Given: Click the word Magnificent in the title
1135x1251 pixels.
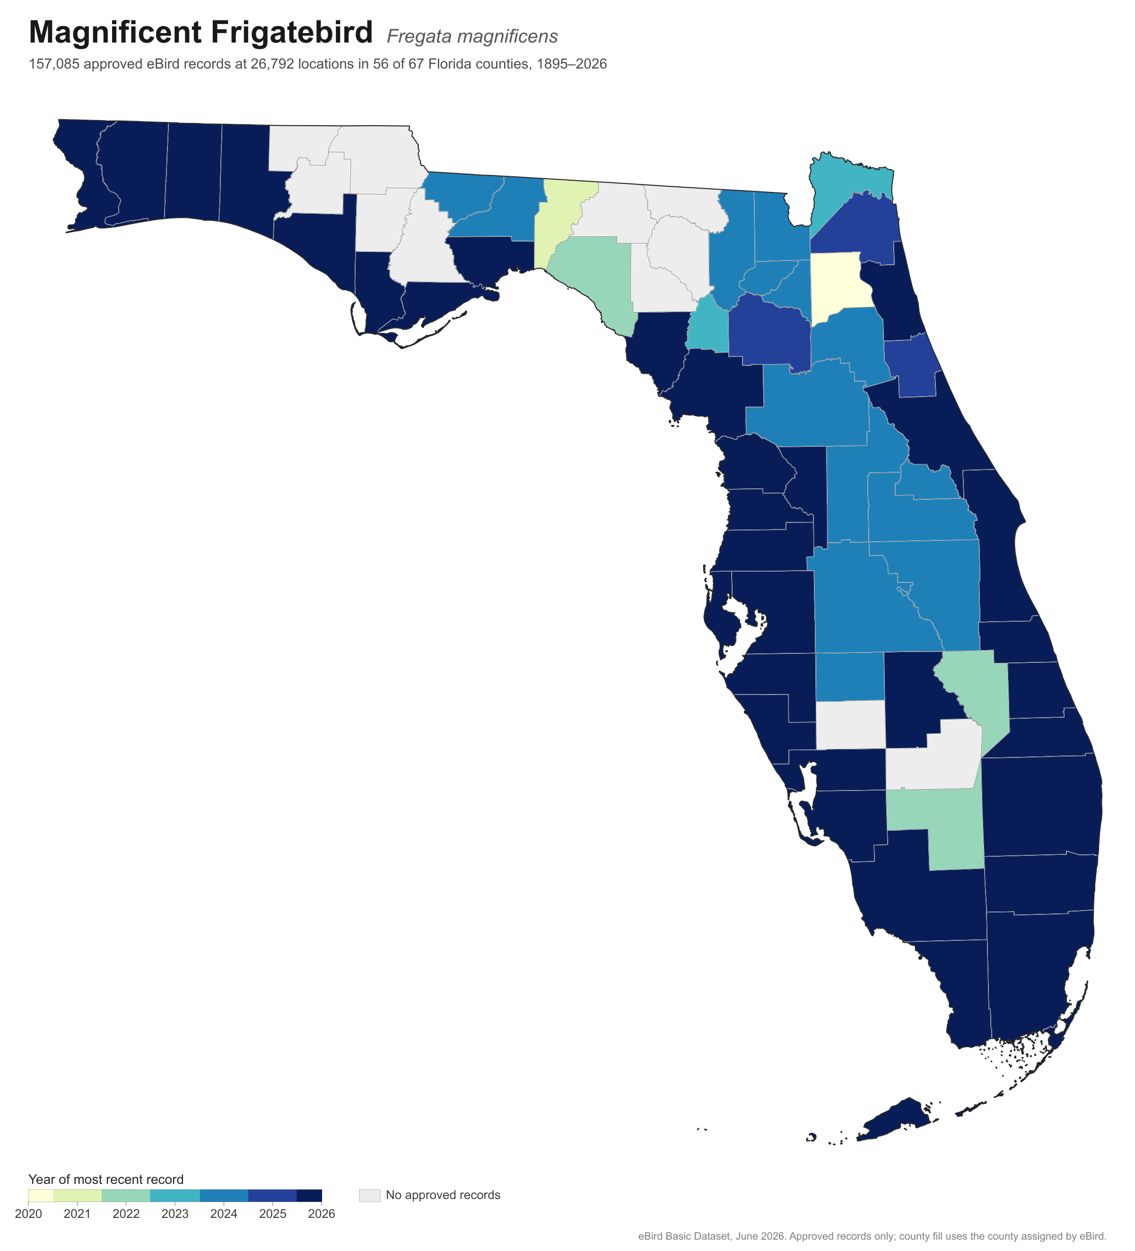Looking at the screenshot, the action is coord(115,34).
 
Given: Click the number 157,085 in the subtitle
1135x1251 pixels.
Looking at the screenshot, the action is coord(54,64).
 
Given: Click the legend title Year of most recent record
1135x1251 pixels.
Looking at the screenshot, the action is coord(106,1180).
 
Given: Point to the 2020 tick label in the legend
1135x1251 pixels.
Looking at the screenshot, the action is coord(28,1214).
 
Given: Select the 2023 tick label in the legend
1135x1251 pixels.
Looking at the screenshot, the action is coord(175,1214).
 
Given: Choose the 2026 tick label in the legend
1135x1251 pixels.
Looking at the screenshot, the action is coord(322,1214).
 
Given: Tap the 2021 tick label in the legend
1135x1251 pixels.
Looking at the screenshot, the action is coord(77,1214).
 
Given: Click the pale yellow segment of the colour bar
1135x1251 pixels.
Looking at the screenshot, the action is coord(41,1196).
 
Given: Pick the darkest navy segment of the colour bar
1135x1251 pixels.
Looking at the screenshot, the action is coord(309,1196).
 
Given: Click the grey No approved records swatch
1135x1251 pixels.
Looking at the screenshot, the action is coord(369,1196).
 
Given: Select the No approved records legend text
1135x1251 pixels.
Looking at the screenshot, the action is coord(443,1195).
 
